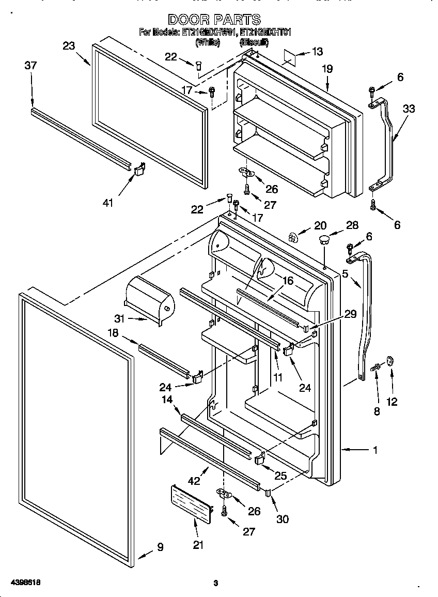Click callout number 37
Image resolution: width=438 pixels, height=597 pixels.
[x=31, y=65]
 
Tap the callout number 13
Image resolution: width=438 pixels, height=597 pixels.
[x=317, y=51]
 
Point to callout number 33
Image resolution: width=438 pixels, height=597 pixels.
[x=409, y=109]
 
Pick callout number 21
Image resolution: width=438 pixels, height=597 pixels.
[x=198, y=544]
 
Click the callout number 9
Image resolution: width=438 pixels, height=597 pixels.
[x=160, y=546]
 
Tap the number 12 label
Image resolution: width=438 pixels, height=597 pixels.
[x=392, y=402]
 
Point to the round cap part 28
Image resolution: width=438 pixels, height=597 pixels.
[x=324, y=239]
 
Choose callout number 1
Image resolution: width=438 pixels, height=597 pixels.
[x=376, y=450]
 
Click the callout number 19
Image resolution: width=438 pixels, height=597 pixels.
[x=327, y=69]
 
